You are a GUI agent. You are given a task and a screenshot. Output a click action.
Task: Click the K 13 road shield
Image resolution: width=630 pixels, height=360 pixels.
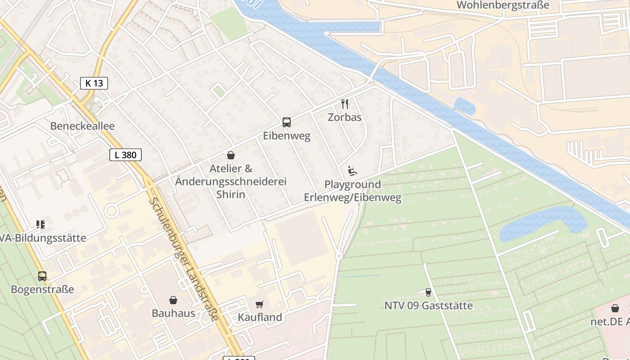click(94, 83)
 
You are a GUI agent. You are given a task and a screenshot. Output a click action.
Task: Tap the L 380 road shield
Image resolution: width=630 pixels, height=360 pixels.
click(126, 155)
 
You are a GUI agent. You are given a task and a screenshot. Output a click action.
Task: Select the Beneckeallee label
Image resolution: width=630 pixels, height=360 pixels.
click(82, 126)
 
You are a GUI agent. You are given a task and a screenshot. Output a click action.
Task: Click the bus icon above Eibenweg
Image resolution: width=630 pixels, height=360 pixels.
click(287, 122)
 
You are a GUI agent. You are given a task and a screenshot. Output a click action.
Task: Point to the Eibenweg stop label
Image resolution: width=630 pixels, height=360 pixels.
click(287, 136)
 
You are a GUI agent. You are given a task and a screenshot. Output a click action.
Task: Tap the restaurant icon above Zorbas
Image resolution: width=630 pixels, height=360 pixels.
click(345, 104)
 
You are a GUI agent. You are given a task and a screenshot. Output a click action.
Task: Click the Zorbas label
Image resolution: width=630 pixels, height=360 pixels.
click(345, 117)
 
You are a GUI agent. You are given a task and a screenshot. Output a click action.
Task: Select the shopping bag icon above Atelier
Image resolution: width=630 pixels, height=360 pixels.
click(231, 155)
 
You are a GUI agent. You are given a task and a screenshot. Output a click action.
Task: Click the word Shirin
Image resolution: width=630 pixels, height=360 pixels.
click(231, 194)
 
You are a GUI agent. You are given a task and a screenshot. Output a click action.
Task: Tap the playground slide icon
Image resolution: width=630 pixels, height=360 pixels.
click(352, 171)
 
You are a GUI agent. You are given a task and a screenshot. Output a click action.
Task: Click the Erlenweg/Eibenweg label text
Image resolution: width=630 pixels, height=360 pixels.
click(352, 198)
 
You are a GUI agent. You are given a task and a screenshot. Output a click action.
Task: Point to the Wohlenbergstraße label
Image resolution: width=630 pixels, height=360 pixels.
click(503, 5)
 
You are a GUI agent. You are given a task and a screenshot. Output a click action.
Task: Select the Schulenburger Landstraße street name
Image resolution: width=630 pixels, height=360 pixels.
click(184, 260)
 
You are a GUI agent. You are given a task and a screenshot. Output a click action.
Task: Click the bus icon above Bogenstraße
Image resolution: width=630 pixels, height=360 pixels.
click(42, 276)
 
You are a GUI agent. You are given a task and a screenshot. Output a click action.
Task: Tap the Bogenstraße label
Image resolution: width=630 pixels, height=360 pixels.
click(42, 289)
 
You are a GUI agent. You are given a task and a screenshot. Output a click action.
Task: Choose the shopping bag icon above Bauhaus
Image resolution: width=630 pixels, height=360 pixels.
click(173, 300)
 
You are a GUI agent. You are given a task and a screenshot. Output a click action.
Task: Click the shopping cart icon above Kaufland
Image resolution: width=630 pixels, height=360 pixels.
click(260, 304)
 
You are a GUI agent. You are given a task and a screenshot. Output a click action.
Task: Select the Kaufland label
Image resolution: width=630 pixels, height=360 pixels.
click(260, 317)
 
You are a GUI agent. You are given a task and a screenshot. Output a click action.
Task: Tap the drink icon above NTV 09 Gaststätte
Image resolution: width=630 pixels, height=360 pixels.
click(428, 292)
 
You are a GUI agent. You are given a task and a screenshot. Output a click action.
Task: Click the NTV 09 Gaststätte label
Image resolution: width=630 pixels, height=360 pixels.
click(428, 306)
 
